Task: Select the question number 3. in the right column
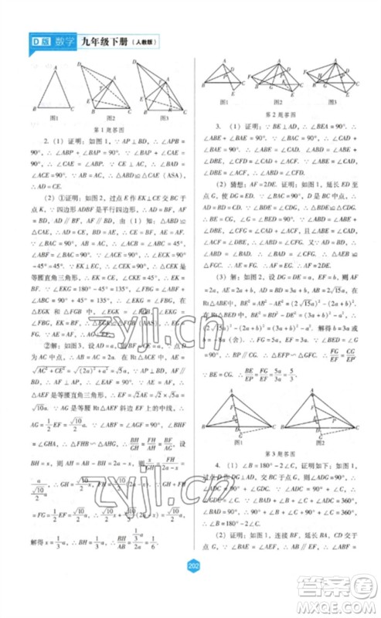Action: tap(219, 125)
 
